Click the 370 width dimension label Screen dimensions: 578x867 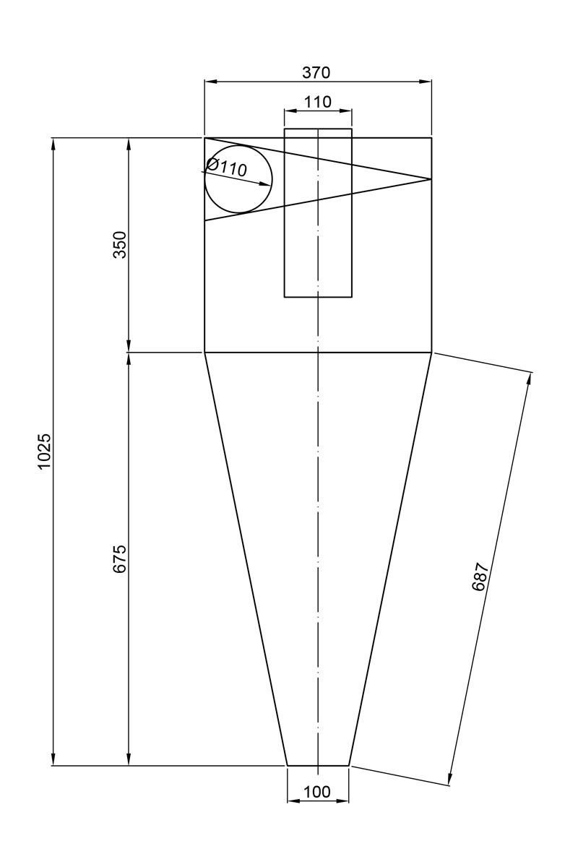coord(316,73)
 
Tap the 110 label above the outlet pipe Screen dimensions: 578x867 coord(317,102)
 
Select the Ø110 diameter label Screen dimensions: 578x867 coord(226,167)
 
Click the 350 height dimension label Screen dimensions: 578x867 coord(121,245)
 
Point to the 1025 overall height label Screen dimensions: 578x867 coord(44,452)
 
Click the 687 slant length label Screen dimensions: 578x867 coord(479,577)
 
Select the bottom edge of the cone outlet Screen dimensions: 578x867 coord(318,765)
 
